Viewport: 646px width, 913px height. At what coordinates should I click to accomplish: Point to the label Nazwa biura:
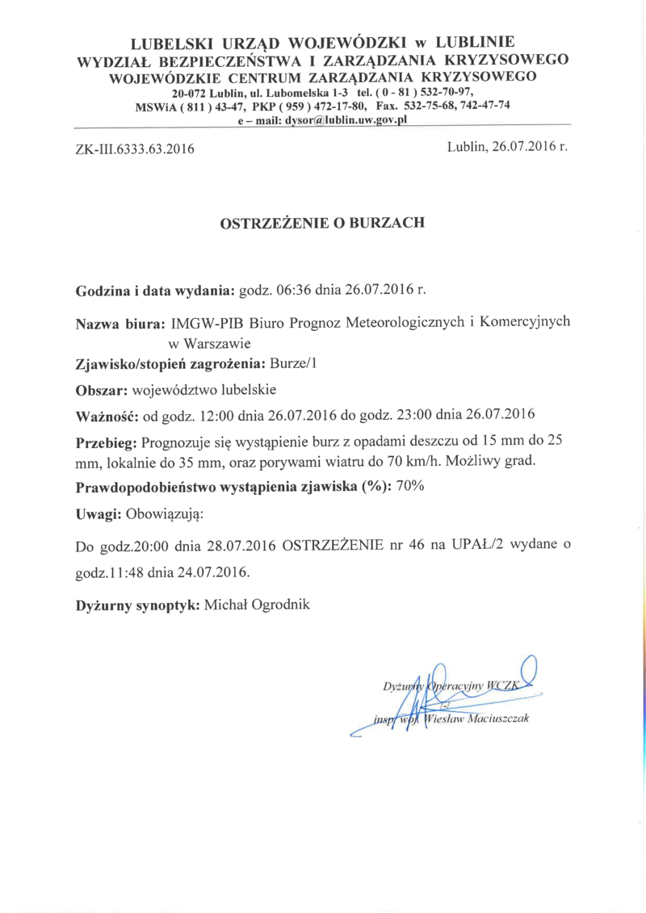tap(121, 323)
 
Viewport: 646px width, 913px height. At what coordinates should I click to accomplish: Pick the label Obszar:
tap(102, 390)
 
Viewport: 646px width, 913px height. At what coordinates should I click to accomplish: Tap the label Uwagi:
tap(99, 514)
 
